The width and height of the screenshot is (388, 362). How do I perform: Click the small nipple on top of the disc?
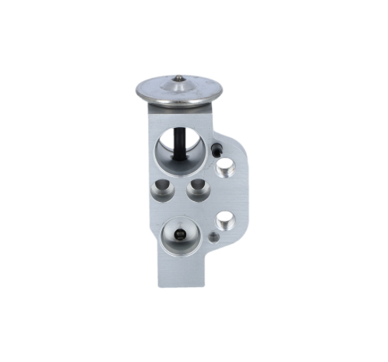pos(179,78)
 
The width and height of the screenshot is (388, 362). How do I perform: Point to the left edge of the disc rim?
pos(137,90)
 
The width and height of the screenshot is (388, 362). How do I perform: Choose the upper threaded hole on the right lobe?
pos(227,166)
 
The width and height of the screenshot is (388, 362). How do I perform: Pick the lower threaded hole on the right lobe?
pos(226,220)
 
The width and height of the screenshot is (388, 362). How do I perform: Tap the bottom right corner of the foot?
pos(208,285)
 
